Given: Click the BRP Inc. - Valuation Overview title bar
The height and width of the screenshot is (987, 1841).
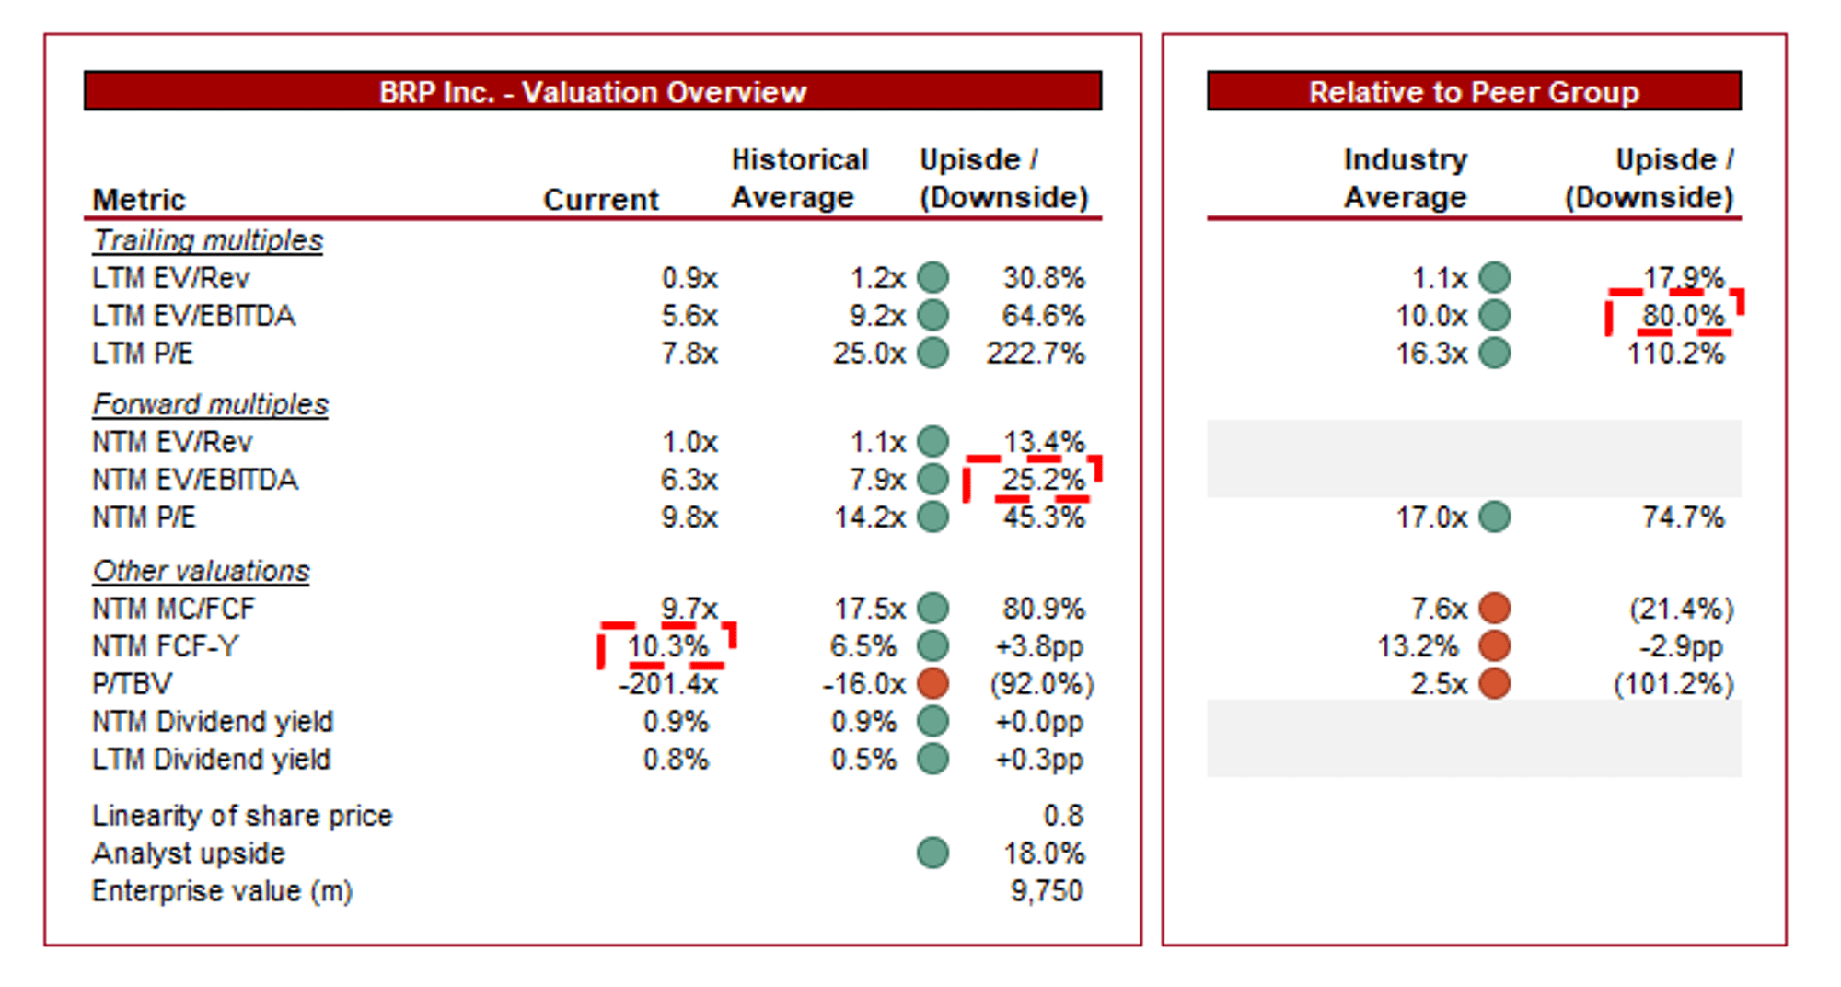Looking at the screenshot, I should tap(592, 92).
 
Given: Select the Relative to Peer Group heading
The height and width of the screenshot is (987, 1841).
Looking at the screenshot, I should tap(1473, 92).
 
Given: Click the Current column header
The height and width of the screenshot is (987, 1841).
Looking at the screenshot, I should tap(600, 199).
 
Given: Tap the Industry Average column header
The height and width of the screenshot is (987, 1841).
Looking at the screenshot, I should tap(1405, 179).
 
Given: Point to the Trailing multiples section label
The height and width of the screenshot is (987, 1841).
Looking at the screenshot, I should tap(208, 240).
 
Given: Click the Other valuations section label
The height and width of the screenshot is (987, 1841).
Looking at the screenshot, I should tap(201, 571).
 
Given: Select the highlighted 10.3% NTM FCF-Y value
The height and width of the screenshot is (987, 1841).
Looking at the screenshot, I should tap(667, 646).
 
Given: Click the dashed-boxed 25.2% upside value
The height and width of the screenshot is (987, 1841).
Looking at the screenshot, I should tap(1042, 480).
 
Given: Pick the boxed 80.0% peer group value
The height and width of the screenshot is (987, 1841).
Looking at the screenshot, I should tap(1682, 316).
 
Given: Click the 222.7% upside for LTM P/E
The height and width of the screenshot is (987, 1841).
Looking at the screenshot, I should tap(1035, 354).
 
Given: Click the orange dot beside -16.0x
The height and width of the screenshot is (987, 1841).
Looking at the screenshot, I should tap(932, 683).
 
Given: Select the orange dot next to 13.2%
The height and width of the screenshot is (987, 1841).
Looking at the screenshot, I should tap(1494, 645).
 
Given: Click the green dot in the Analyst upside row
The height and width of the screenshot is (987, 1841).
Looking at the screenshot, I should tap(932, 853).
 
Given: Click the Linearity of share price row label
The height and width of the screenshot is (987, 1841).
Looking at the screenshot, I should tap(242, 816).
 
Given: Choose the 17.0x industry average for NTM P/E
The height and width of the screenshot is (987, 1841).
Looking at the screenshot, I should tap(1430, 517).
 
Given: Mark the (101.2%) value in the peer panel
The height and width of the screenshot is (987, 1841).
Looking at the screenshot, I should tap(1673, 684).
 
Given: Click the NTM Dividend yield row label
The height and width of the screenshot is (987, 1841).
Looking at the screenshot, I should tap(213, 722).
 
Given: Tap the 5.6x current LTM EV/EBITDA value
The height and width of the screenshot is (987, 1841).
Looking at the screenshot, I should tap(689, 316).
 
